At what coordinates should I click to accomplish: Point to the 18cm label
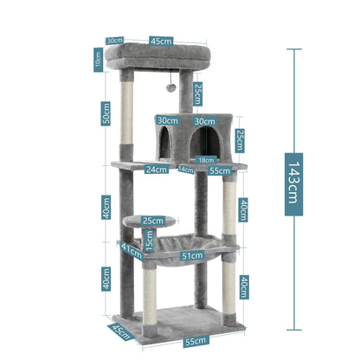[x=205, y=159]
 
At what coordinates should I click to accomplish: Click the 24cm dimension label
[x=156, y=170]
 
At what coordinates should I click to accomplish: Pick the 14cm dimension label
[x=185, y=170]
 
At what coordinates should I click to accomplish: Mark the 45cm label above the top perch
[x=158, y=39]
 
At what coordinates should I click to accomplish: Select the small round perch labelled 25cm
[x=144, y=222]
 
